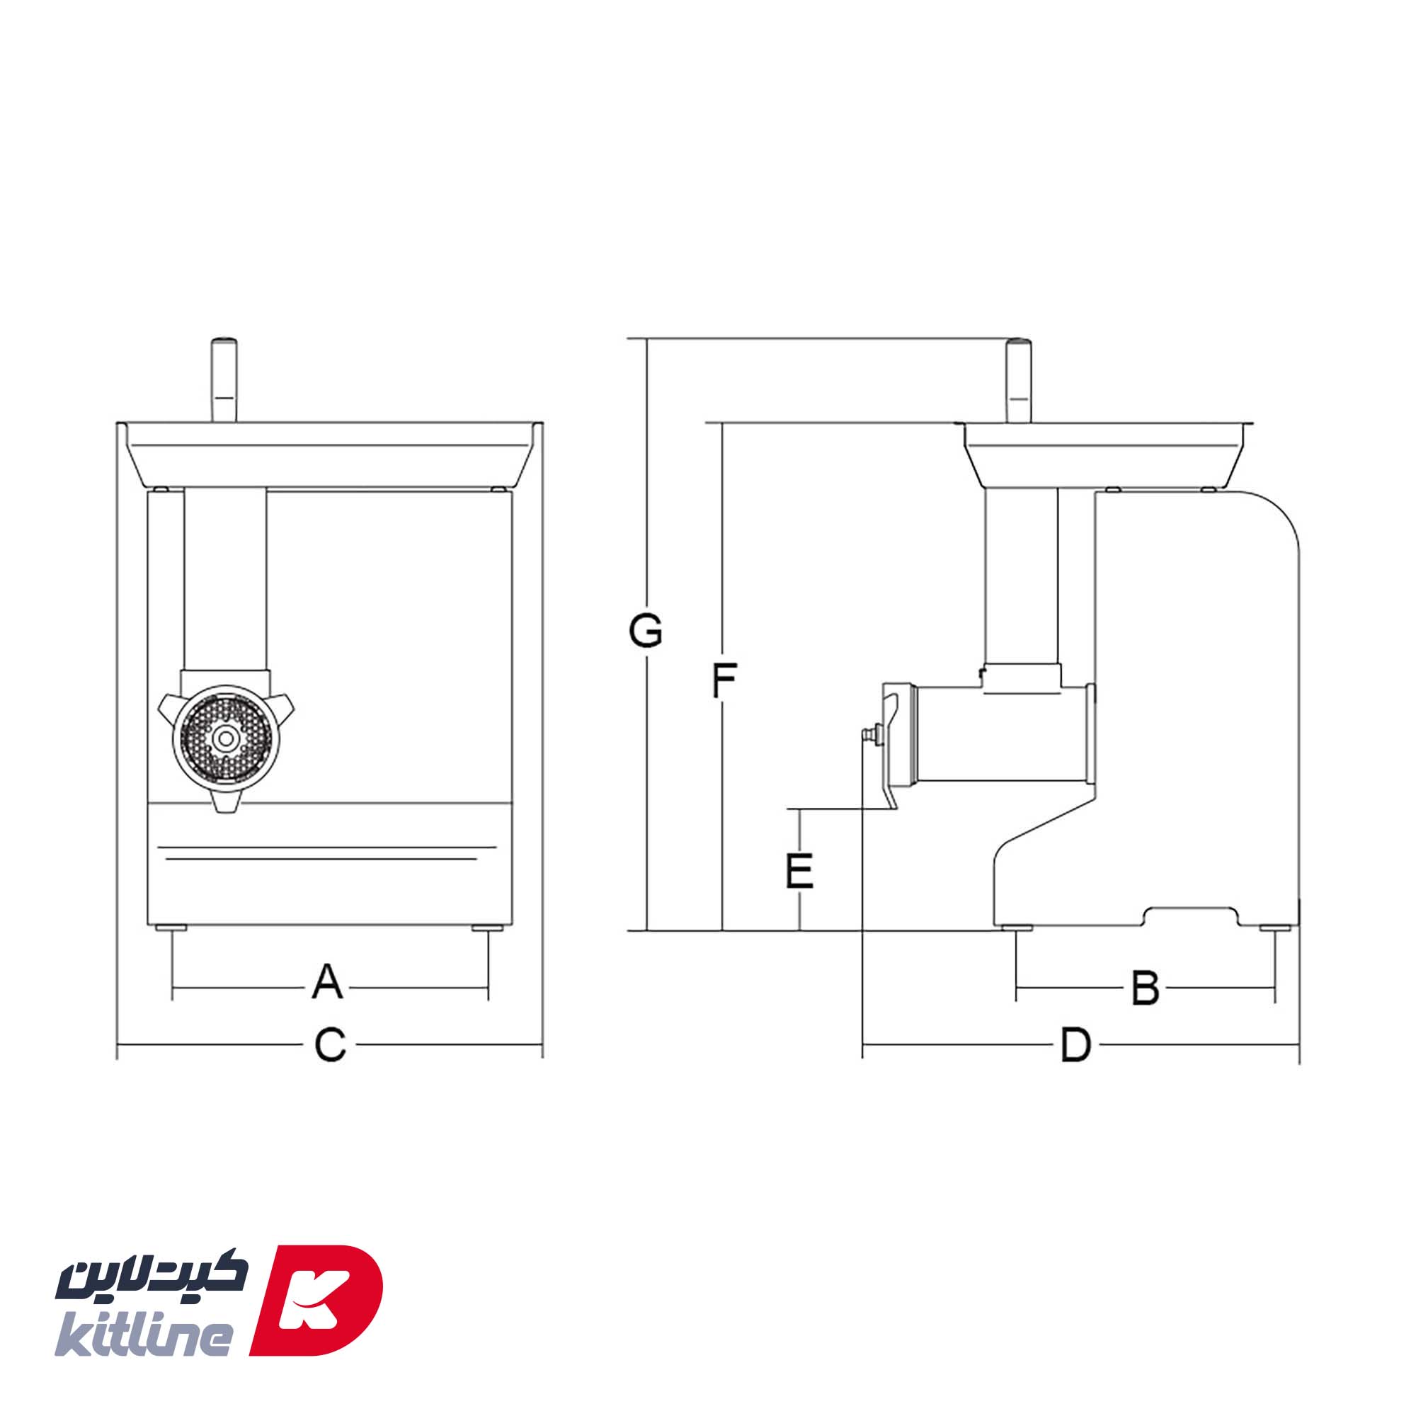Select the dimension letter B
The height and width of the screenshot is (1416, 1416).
tap(1145, 987)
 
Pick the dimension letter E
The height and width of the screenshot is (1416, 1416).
tap(799, 871)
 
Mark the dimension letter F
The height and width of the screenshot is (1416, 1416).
tap(724, 680)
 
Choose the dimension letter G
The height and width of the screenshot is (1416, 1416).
tap(646, 631)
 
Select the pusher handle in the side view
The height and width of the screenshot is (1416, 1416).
tap(1018, 380)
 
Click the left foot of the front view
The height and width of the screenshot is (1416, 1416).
tap(172, 929)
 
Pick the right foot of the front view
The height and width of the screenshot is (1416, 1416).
tap(487, 929)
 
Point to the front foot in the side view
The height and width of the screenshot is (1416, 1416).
tap(1017, 928)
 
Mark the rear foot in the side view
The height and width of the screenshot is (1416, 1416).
tap(1275, 928)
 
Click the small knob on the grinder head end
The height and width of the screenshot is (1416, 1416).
tap(870, 733)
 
